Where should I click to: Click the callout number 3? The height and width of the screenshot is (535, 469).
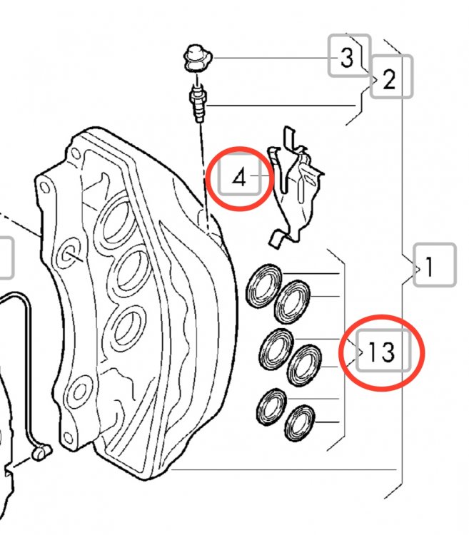tap(347, 57)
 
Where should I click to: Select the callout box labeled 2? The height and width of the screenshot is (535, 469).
tap(391, 77)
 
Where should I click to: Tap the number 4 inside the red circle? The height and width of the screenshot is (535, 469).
tap(238, 178)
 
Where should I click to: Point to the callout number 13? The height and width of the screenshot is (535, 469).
tap(382, 351)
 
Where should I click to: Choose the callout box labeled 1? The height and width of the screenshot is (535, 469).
tap(435, 265)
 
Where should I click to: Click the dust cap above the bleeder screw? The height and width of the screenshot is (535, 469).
tap(198, 58)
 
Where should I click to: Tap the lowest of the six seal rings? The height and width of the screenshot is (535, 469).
tap(300, 423)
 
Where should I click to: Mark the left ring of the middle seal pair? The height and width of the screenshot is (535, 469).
tap(276, 350)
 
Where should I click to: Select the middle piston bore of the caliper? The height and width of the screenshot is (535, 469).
tap(131, 272)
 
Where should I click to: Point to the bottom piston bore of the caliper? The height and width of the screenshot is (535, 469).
tap(128, 327)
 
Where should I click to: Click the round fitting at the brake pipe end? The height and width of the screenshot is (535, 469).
tap(41, 452)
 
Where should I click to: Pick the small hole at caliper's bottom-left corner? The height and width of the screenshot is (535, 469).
tap(69, 438)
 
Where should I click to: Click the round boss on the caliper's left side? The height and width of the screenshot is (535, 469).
tap(69, 254)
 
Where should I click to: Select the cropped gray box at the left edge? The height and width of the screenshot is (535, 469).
tap(6, 258)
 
